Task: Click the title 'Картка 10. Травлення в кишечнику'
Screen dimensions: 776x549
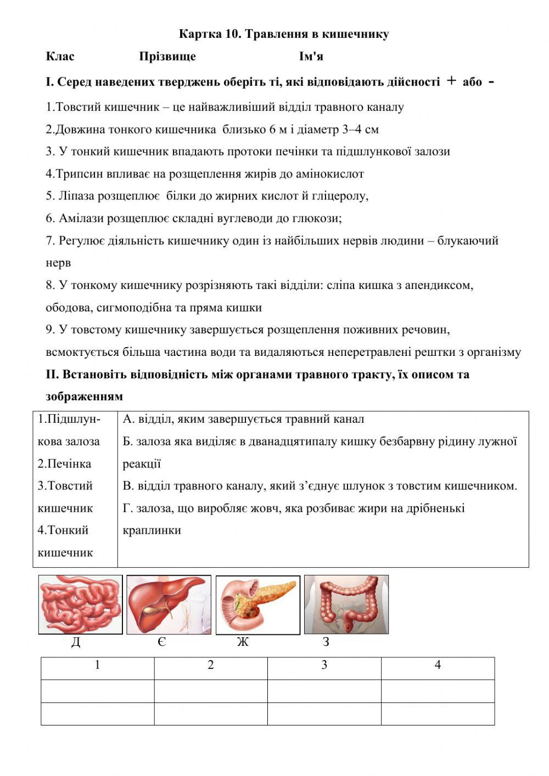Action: click(284, 34)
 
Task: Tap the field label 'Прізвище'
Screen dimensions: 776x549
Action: click(167, 57)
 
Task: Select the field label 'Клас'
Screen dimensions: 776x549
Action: click(60, 57)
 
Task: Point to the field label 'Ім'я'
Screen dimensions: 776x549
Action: click(311, 57)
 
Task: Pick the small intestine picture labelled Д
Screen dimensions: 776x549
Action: click(80, 604)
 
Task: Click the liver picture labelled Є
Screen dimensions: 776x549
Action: click(169, 604)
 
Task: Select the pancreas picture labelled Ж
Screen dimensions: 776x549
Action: click(257, 604)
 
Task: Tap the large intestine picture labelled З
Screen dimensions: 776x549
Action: click(346, 604)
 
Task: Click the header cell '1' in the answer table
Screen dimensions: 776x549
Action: click(98, 666)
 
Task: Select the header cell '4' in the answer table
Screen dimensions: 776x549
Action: click(438, 666)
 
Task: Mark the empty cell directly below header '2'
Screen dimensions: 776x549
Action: click(211, 691)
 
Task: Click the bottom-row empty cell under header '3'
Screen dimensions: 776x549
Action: click(324, 713)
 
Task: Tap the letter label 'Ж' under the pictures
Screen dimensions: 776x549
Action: click(243, 642)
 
